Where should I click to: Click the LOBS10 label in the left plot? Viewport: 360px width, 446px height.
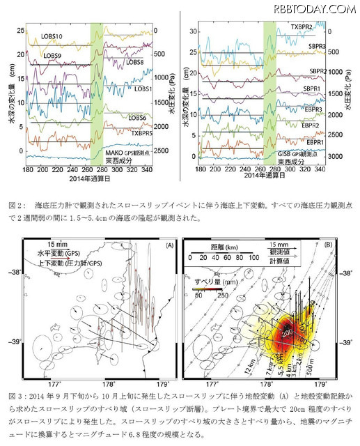click(55, 36)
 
